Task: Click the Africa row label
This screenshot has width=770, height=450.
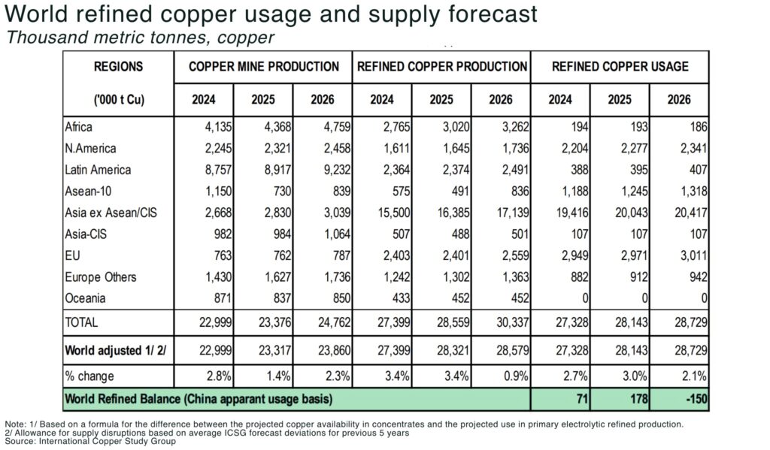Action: tap(79, 127)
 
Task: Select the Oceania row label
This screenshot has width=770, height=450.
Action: tap(85, 298)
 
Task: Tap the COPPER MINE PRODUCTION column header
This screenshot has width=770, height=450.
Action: tap(263, 66)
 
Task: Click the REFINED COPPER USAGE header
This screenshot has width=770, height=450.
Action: tap(620, 66)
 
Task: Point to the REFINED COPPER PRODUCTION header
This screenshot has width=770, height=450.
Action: tap(441, 66)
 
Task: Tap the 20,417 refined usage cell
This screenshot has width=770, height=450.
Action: tap(688, 213)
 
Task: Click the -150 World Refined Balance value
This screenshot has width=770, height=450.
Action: tap(696, 398)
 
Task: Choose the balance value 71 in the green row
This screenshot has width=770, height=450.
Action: tap(579, 398)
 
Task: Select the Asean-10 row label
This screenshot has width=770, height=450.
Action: tap(86, 191)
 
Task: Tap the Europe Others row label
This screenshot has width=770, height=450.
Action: tap(100, 276)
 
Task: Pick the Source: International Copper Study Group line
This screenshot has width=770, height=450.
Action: tap(90, 441)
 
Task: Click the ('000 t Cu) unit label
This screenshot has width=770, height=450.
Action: tap(117, 99)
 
